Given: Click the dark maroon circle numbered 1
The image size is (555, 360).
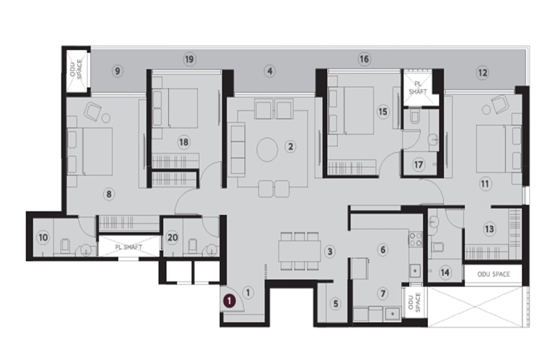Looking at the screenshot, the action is coord(230,301).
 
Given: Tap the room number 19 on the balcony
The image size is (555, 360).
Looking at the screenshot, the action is coord(189,59).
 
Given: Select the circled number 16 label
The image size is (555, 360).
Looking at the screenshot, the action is coord(364,58).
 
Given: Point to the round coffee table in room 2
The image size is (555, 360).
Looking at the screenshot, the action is coord(267,150).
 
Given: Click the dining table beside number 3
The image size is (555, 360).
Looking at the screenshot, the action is coord(300,251).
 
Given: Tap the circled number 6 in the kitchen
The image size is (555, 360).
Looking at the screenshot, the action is coord(383,250).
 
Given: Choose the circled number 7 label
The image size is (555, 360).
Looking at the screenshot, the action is coord(383,294).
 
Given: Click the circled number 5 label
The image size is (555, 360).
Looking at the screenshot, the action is coord(336,303).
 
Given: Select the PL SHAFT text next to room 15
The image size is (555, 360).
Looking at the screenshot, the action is coord(418,88).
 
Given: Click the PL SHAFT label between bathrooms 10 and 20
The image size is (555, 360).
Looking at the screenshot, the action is coord(128,247).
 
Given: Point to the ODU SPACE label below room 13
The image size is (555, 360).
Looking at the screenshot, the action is coord(494,274).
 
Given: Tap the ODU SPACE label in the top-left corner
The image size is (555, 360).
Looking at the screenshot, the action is coord(77,69).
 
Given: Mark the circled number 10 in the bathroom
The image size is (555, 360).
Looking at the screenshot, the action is coord(43,237).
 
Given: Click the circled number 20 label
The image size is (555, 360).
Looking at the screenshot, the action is coord(172,237).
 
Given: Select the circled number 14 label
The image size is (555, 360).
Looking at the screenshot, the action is coord(445,272).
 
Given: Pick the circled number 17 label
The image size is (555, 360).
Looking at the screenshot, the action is coord(419,164).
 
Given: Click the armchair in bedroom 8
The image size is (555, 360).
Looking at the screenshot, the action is coord(92,112).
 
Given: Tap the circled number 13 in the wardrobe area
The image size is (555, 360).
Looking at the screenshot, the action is coord(489,229).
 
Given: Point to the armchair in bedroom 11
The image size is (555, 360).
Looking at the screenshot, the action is coord(499,105).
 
